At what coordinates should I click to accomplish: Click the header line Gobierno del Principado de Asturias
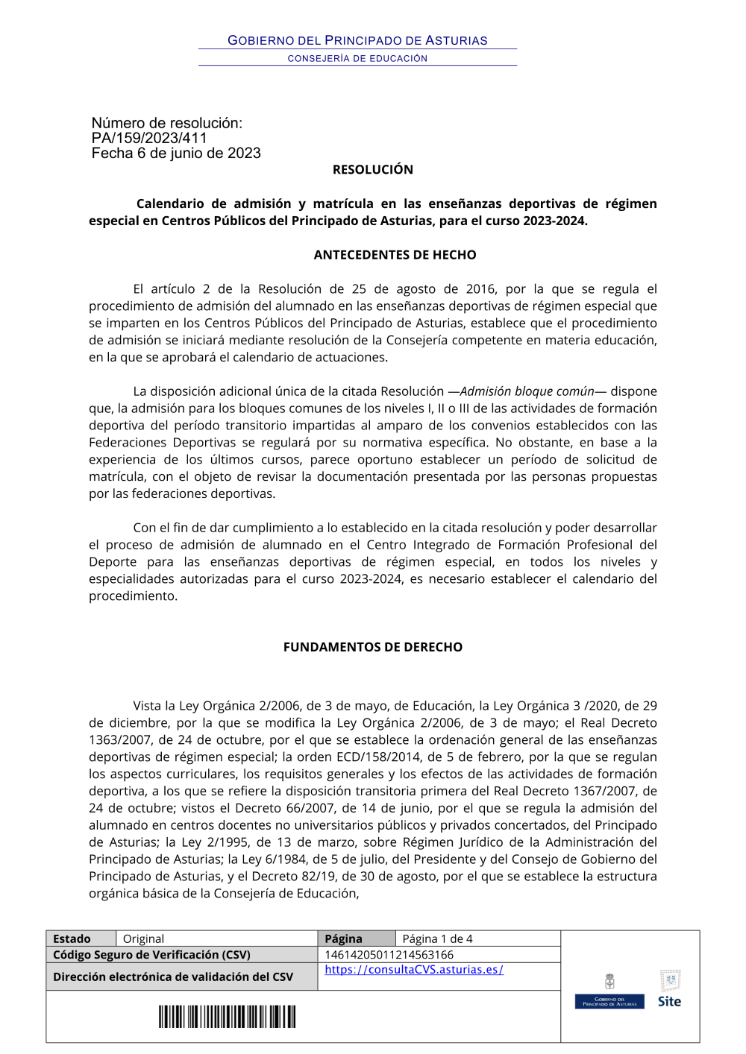click(357, 40)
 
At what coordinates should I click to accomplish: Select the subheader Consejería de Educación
click(357, 58)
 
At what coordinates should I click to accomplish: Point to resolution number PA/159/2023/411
click(149, 138)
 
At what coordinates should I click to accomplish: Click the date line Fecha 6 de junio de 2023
click(176, 154)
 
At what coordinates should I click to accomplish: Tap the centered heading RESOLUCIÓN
click(372, 170)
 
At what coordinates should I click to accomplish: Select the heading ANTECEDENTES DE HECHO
click(395, 255)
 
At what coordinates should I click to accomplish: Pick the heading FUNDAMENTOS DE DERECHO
click(372, 647)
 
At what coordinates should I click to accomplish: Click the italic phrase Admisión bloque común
click(527, 391)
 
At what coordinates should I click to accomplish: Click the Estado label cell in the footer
click(72, 939)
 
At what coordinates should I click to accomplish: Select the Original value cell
click(143, 939)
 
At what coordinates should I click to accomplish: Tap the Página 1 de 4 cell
click(437, 939)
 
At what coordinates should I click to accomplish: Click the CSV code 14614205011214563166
click(389, 955)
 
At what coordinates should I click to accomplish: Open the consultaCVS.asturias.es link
click(414, 970)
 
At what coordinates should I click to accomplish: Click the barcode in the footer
click(227, 1017)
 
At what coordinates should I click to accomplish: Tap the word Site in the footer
click(669, 1002)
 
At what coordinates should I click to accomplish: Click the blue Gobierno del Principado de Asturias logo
click(609, 1002)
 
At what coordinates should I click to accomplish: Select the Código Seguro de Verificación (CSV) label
click(151, 955)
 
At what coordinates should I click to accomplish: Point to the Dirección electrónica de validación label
click(173, 977)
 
